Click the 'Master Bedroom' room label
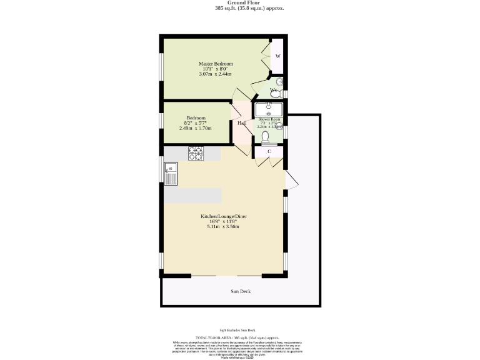click(x=216, y=64)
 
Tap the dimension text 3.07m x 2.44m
click(x=216, y=74)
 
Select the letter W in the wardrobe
click(x=277, y=56)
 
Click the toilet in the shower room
click(x=264, y=136)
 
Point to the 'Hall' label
click(x=242, y=123)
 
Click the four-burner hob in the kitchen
click(x=196, y=153)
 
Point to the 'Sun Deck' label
click(x=241, y=292)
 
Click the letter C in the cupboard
click(x=269, y=152)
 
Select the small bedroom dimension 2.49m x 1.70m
click(x=196, y=128)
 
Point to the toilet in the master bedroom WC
click(x=279, y=81)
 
